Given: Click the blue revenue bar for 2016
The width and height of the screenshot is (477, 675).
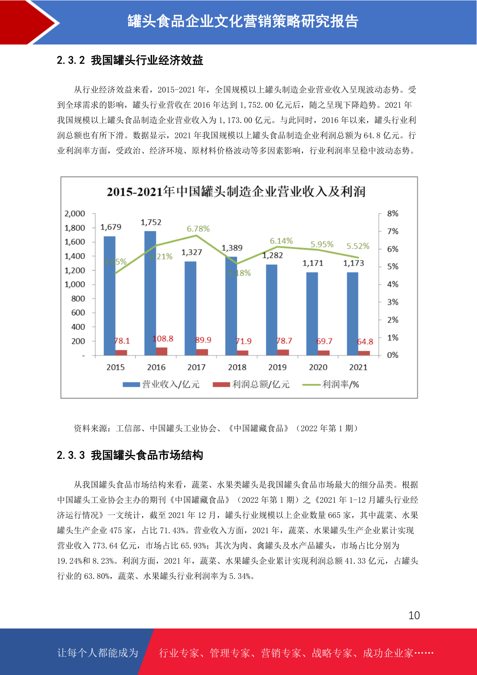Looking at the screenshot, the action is pyautogui.click(x=150, y=293).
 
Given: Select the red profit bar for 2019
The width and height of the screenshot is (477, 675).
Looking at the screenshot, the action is pyautogui.click(x=283, y=353).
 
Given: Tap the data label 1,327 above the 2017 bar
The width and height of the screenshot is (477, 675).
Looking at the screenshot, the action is pyautogui.click(x=191, y=252).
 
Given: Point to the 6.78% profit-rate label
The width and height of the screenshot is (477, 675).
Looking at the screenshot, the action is pyautogui.click(x=198, y=229).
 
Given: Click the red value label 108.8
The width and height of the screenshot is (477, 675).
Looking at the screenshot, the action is pyautogui.click(x=163, y=339).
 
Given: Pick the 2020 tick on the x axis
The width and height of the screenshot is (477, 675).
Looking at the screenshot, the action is pyautogui.click(x=318, y=367).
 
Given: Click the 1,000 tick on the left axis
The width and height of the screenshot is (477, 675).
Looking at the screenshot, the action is pyautogui.click(x=74, y=285).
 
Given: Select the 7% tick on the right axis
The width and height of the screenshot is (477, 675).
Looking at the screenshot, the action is pyautogui.click(x=392, y=231).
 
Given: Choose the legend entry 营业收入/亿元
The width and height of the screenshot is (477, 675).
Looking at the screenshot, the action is pyautogui.click(x=161, y=384).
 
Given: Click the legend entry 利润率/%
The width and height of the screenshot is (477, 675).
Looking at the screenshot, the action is pyautogui.click(x=331, y=384).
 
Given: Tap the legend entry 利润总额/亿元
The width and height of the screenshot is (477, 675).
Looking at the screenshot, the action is pyautogui.click(x=251, y=384).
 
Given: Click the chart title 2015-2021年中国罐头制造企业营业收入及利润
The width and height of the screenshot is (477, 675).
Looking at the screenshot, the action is pyautogui.click(x=236, y=192).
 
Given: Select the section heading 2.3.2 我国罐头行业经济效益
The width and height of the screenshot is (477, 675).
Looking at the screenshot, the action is pyautogui.click(x=130, y=60).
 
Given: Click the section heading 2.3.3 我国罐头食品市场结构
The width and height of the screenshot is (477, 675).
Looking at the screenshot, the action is pyautogui.click(x=130, y=455).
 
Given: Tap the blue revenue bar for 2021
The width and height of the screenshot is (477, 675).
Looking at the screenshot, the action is pyautogui.click(x=352, y=314).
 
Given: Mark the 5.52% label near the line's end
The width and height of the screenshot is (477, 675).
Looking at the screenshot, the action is pyautogui.click(x=358, y=246).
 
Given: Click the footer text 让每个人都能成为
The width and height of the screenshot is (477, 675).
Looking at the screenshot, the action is pyautogui.click(x=98, y=653).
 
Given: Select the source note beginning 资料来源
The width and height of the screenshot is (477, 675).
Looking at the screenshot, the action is pyautogui.click(x=216, y=428).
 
